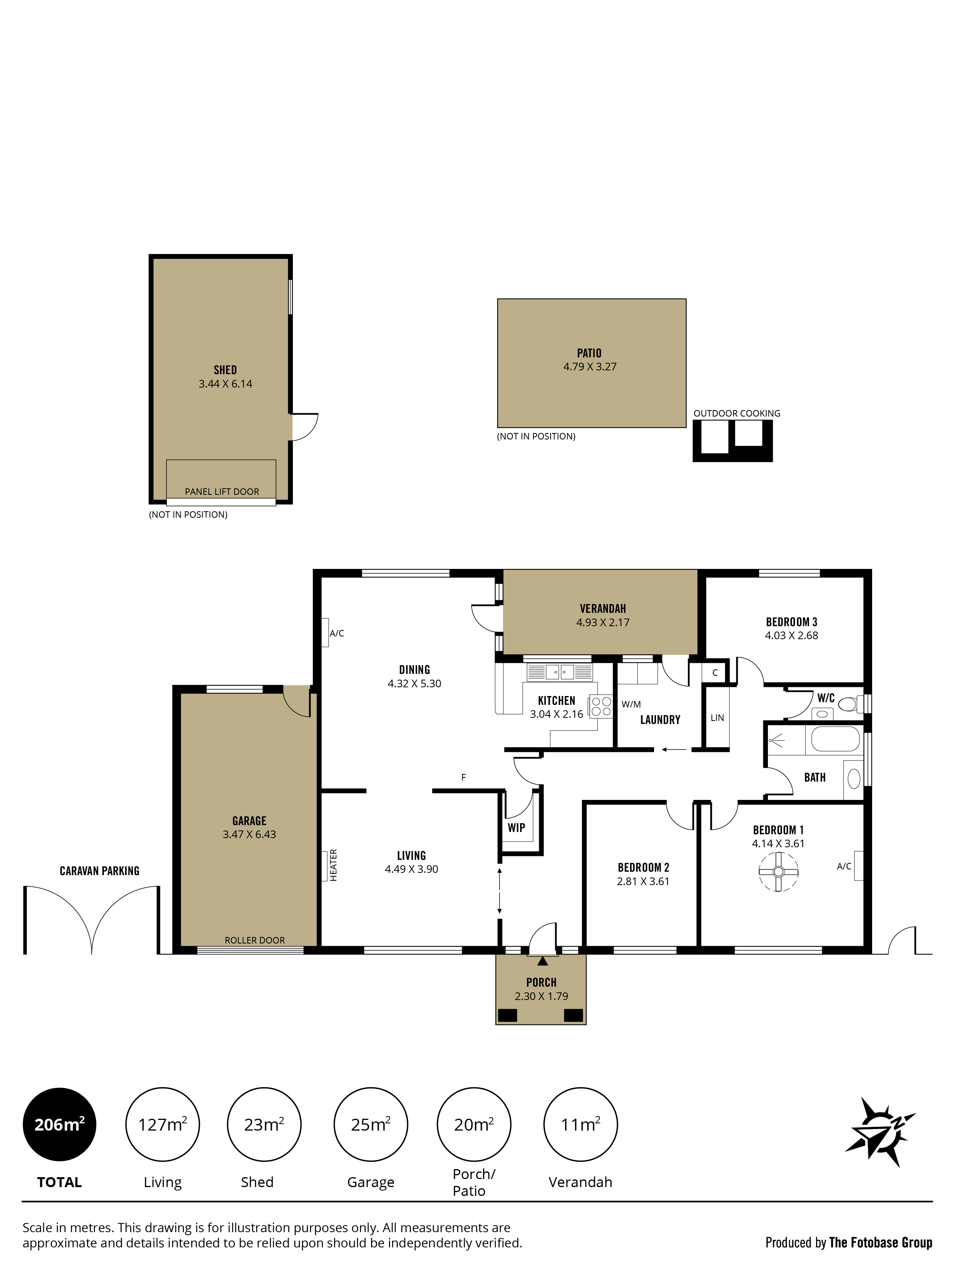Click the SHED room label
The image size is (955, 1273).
(225, 370)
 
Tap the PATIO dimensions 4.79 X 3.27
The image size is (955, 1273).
(590, 367)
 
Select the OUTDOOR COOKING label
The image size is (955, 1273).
(737, 413)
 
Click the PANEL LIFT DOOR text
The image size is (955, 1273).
(221, 491)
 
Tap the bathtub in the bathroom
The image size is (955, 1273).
(835, 739)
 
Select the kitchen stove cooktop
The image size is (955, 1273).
(600, 707)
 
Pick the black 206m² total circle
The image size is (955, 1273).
(59, 1124)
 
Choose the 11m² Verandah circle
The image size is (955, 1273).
(580, 1124)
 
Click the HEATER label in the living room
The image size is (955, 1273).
(334, 865)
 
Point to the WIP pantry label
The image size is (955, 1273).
(516, 827)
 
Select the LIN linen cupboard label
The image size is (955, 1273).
(717, 718)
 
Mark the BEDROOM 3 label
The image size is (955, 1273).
(792, 622)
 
